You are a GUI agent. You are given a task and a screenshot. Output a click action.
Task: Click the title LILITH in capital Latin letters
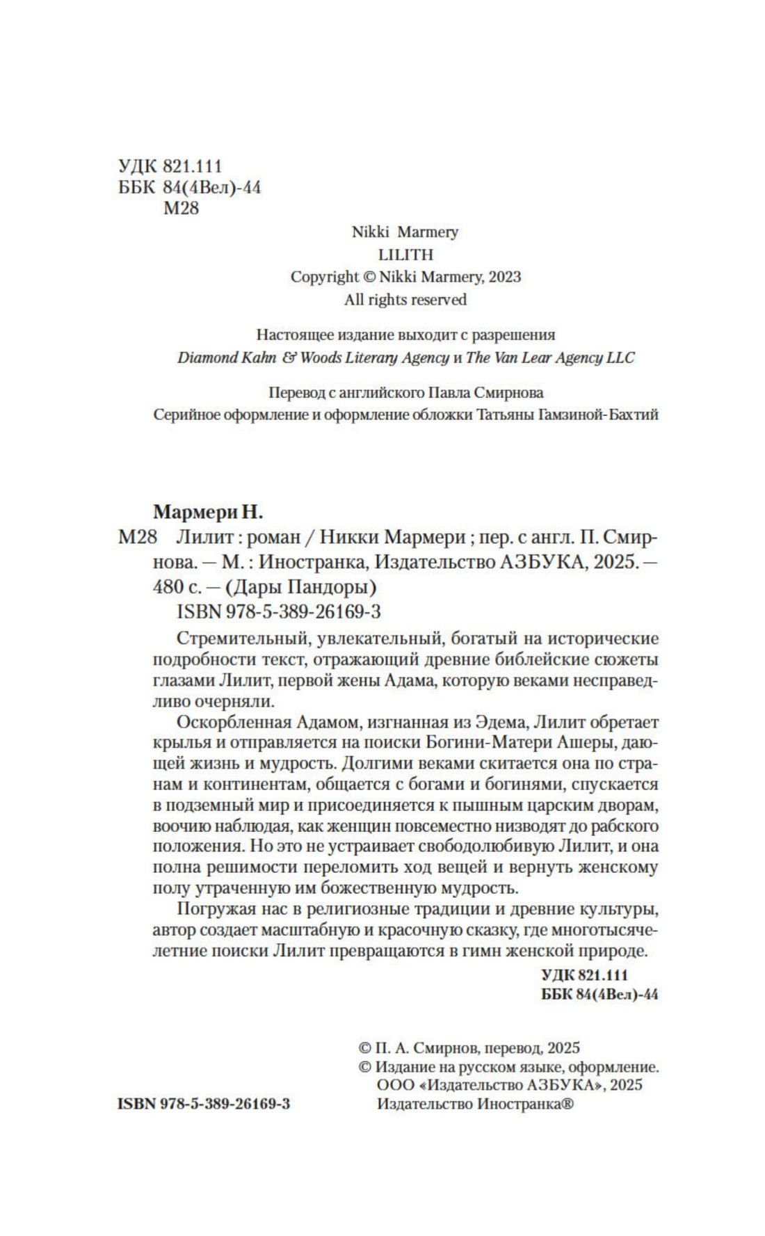[x=405, y=255]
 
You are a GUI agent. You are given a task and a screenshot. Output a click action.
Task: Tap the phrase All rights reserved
[x=405, y=300]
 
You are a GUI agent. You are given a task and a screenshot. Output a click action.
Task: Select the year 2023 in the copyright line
[x=504, y=277]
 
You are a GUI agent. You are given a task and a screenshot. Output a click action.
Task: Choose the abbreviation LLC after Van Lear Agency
[x=620, y=358]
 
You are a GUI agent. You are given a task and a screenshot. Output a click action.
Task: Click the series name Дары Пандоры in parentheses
[x=300, y=587]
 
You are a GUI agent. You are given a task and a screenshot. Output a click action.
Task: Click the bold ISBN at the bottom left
[x=204, y=1104]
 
